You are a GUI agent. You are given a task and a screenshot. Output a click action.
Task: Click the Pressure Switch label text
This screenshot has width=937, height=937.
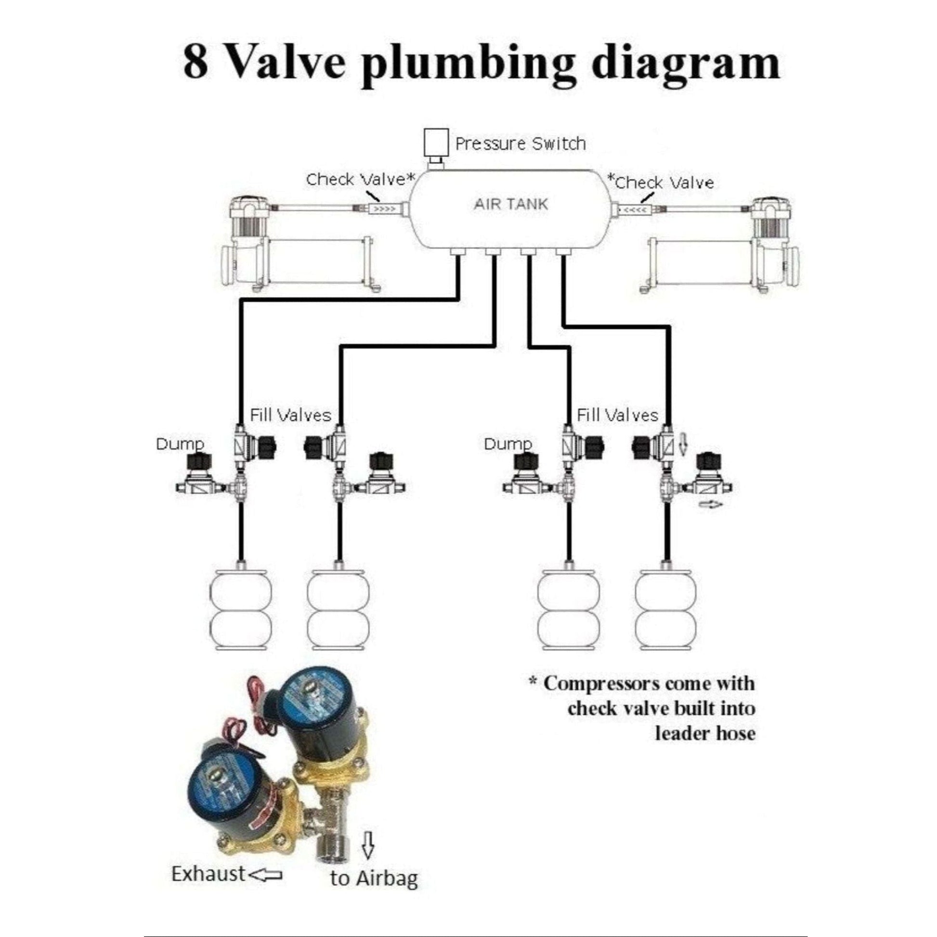point(521,143)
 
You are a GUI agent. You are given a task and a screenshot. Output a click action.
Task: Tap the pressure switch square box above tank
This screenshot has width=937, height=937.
point(435,142)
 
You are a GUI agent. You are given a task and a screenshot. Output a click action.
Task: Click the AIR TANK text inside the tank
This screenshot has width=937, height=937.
point(511,204)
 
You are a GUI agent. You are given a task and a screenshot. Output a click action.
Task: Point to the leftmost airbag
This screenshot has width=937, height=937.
point(241,609)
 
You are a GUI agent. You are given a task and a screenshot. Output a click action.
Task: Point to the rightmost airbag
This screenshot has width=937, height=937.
point(665,609)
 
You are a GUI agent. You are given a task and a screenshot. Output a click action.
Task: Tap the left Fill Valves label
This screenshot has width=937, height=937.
point(290,415)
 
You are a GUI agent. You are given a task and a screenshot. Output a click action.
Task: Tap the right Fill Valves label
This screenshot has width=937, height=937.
point(617,415)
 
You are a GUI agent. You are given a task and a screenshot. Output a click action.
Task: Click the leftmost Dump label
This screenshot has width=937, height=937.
point(180,444)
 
